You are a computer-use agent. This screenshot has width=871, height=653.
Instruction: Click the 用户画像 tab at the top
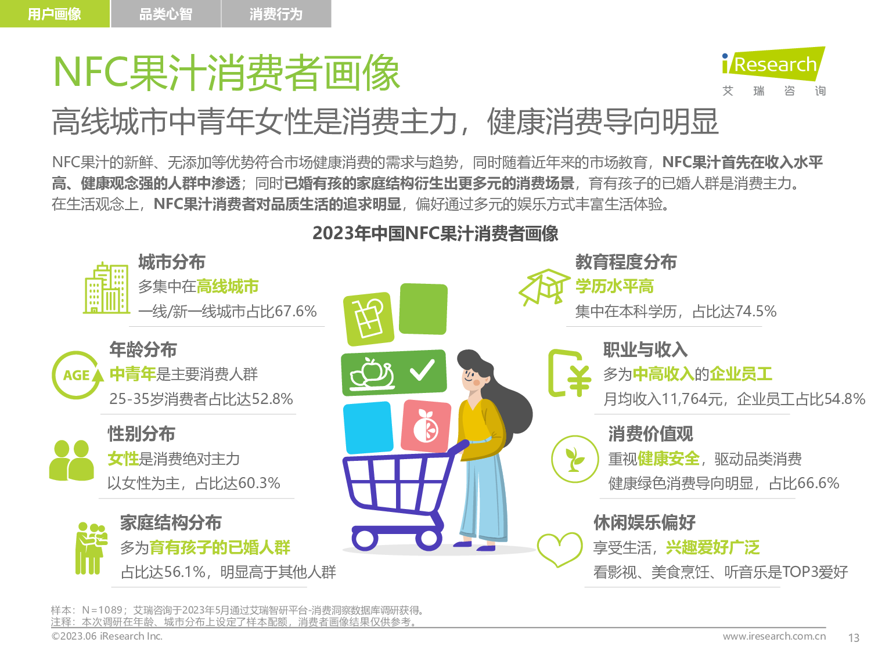pyautogui.click(x=55, y=14)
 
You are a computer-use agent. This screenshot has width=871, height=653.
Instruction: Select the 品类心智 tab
pyautogui.click(x=165, y=14)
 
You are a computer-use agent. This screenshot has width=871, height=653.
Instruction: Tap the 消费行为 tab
pyautogui.click(x=276, y=14)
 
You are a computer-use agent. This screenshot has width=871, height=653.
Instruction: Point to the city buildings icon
pyautogui.click(x=106, y=288)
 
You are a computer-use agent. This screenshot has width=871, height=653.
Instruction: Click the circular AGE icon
pyautogui.click(x=77, y=375)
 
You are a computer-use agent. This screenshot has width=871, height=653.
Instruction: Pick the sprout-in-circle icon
pyautogui.click(x=575, y=459)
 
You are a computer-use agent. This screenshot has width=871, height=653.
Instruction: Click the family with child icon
pyautogui.click(x=91, y=549)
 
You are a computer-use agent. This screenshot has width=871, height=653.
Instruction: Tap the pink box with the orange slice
pyautogui.click(x=426, y=426)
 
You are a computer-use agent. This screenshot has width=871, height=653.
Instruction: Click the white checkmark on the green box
pyautogui.click(x=422, y=370)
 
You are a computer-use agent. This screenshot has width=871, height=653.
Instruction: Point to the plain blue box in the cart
pyautogui.click(x=368, y=427)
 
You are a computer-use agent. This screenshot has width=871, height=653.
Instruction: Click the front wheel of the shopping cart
pyautogui.click(x=365, y=539)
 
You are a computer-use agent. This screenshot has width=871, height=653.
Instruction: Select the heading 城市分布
pyautogui.click(x=172, y=262)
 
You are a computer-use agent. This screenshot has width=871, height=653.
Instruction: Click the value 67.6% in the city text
pyautogui.click(x=296, y=311)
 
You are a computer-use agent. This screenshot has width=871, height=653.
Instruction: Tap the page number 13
pyautogui.click(x=854, y=638)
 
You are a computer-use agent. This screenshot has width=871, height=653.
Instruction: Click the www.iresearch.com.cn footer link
pyautogui.click(x=774, y=636)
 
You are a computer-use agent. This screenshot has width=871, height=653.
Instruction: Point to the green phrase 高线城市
pyautogui.click(x=228, y=286)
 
